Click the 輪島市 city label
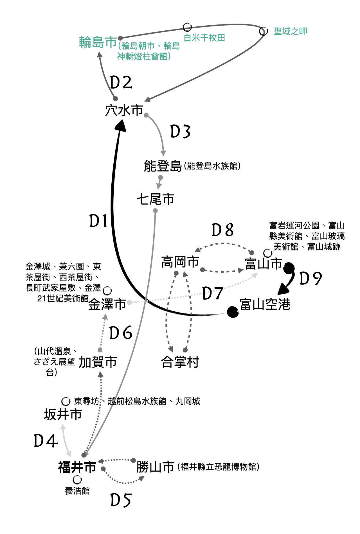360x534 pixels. [x=98, y=42]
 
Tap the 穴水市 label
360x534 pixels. [x=124, y=110]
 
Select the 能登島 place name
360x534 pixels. [x=163, y=166]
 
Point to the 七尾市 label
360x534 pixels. [x=156, y=199]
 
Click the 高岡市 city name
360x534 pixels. [x=180, y=262]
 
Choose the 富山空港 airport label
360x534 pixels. [x=265, y=304]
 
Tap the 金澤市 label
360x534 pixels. [x=107, y=304]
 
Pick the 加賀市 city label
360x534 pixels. [x=98, y=362]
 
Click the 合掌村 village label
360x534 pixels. [x=180, y=362]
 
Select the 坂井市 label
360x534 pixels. [x=63, y=415]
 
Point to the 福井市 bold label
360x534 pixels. [x=77, y=467]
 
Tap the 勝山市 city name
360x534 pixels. [x=156, y=467]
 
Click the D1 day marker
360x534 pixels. [x=98, y=221]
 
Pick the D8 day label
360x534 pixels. [x=222, y=230]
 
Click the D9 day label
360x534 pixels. [x=310, y=279]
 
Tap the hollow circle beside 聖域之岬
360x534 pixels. [x=264, y=31]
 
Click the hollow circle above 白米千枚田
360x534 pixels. [x=187, y=27]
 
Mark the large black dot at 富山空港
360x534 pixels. [x=233, y=312]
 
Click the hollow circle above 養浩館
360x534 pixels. [x=77, y=479]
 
